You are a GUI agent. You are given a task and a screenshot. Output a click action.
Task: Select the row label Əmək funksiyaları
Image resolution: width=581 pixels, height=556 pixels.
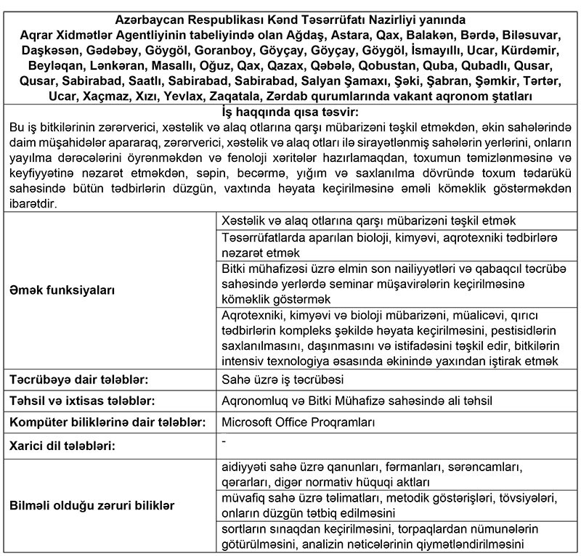pos(62,290)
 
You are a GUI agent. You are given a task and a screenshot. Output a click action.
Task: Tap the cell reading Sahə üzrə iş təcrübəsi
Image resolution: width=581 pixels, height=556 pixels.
pos(282,380)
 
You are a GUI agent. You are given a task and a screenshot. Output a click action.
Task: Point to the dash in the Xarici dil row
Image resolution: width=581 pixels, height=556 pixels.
pos(224,440)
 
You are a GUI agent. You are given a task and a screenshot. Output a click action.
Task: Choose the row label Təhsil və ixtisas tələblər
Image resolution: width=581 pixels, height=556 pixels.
pos(81,401)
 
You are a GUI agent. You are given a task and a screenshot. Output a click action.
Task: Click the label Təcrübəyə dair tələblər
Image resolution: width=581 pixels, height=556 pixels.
pos(78,380)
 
